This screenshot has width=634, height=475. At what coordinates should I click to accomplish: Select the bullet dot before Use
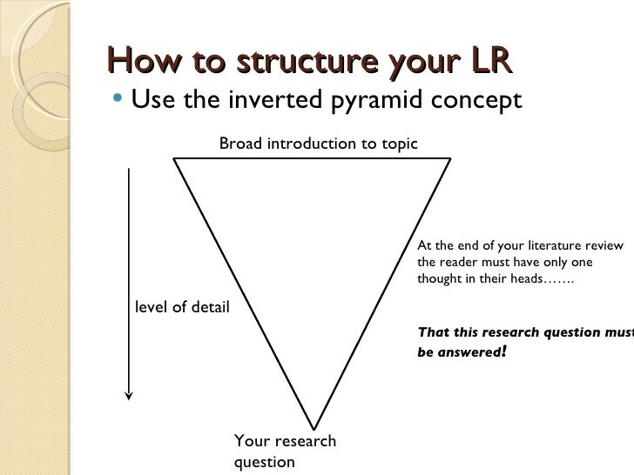point(118,99)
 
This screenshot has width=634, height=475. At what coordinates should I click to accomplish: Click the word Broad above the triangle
point(239,143)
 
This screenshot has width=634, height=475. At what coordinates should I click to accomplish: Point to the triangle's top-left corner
point(174,158)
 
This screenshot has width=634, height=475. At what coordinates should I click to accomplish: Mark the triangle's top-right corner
point(450,158)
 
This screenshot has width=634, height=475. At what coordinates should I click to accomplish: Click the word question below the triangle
point(265,462)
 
